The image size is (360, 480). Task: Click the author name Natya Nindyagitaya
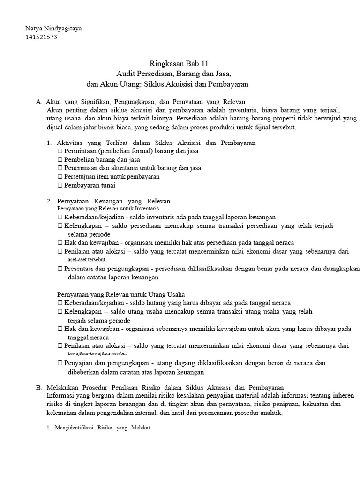point(53,29)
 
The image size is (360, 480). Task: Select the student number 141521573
point(41,37)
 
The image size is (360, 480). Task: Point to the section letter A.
point(38,102)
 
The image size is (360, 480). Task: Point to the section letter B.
point(38,387)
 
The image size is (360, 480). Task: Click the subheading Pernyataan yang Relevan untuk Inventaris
point(108,208)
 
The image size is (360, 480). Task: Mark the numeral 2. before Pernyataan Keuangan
point(49,201)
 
